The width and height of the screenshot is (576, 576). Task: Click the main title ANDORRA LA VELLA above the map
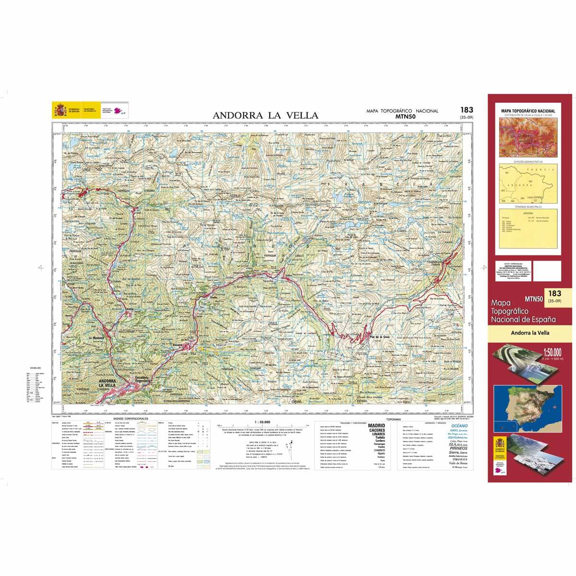coord(265,115)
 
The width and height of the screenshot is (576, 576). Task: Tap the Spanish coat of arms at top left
coord(60,110)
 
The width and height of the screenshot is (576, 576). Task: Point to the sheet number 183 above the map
coord(466,110)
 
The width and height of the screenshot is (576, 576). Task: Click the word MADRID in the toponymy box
coord(376,426)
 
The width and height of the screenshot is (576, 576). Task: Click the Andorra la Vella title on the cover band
coord(530,333)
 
